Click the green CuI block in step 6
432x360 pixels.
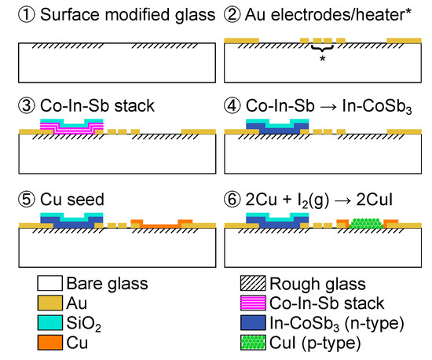366,223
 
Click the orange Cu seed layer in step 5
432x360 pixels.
161,225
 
